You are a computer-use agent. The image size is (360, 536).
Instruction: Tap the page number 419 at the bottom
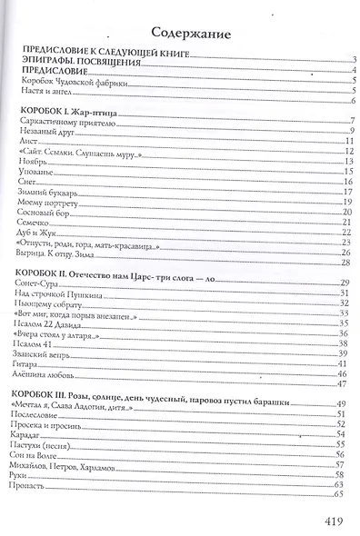pyautogui.click(x=333, y=521)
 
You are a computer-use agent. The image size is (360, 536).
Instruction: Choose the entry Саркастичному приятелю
pyautogui.click(x=65, y=121)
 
